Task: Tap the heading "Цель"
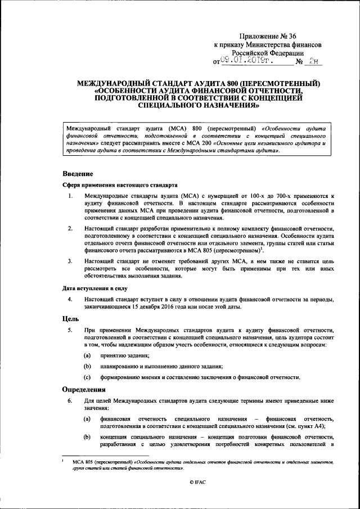tap(70, 318)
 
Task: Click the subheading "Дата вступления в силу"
tap(94, 288)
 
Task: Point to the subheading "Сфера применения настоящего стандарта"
tap(120, 184)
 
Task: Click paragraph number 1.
tap(70, 196)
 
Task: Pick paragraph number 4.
tap(70, 299)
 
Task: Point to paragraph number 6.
tap(70, 401)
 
